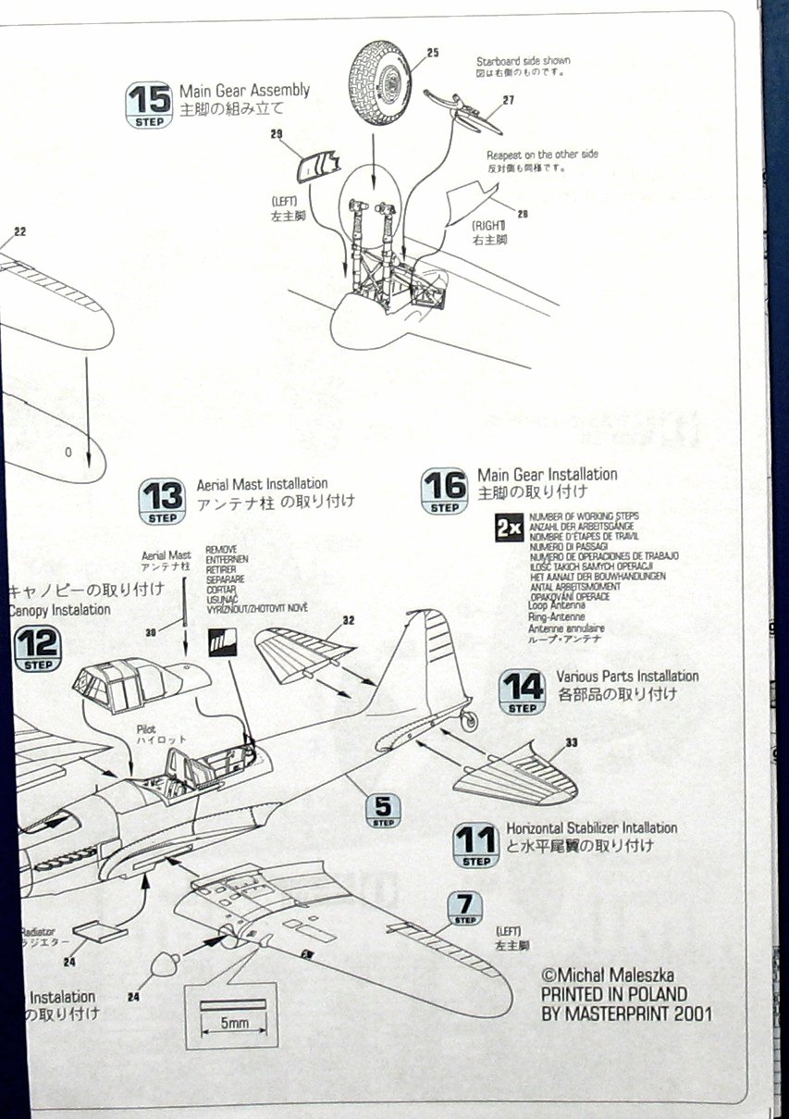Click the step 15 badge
[148, 105]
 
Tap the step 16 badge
[444, 491]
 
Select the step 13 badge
[161, 502]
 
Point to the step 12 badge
[38, 649]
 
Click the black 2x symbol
[509, 528]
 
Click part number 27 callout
[508, 101]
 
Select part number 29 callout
[276, 135]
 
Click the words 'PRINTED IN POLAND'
[613, 994]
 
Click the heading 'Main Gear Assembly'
[244, 91]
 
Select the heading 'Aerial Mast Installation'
[262, 484]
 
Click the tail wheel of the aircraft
[471, 719]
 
